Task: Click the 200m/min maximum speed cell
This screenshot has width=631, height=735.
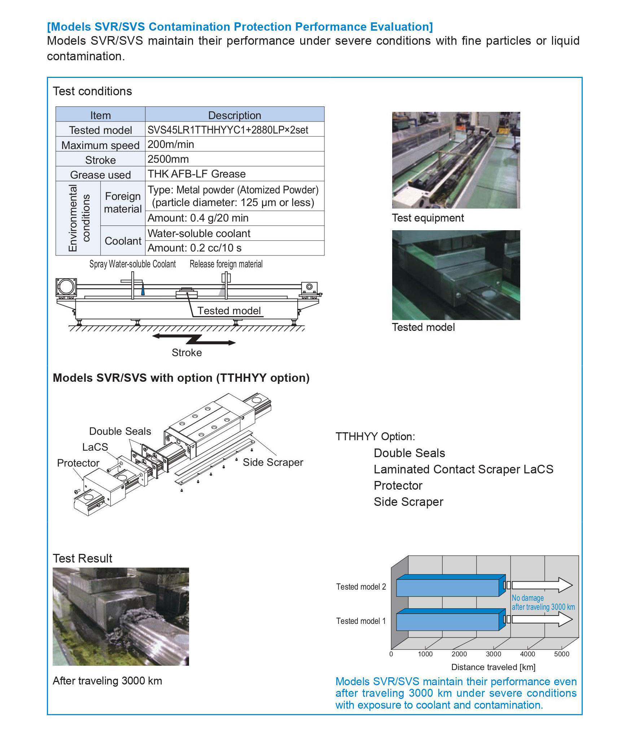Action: (x=235, y=144)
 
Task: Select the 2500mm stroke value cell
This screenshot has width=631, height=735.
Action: (x=235, y=159)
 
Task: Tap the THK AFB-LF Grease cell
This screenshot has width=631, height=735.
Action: (x=235, y=174)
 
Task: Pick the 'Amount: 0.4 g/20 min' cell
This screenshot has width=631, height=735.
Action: (x=235, y=218)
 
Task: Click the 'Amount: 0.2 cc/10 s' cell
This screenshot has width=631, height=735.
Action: (x=235, y=248)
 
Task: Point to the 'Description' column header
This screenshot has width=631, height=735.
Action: (x=235, y=115)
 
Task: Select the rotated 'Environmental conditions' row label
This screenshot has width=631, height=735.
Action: (x=78, y=218)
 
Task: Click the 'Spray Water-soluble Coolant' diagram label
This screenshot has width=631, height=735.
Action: (x=132, y=264)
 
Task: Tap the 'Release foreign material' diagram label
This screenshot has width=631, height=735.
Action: (x=226, y=264)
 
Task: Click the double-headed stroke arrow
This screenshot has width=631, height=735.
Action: (x=194, y=340)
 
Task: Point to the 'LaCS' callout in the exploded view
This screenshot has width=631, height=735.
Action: (x=95, y=447)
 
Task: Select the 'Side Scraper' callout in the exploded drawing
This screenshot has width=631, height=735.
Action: (x=273, y=462)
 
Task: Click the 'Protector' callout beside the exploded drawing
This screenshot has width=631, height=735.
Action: (x=78, y=463)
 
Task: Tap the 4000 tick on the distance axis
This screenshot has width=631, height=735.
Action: (x=527, y=654)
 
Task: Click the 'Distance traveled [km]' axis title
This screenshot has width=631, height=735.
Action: (x=493, y=667)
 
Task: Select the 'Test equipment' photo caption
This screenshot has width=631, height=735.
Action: (x=428, y=218)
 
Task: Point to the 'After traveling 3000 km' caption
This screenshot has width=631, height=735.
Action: (x=107, y=681)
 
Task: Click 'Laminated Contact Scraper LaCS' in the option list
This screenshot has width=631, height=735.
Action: (x=463, y=469)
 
